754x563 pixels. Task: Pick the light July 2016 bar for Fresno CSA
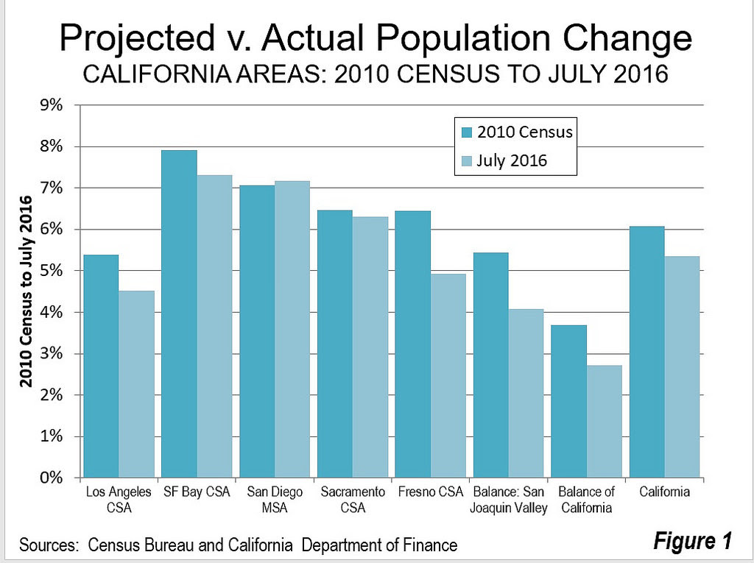tap(448, 375)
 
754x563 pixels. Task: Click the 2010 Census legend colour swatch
tap(466, 132)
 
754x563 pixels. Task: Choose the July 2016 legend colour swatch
tap(466, 160)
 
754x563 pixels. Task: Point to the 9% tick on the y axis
tap(52, 105)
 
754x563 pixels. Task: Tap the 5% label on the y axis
tap(52, 272)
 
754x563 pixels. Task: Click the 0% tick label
tap(52, 478)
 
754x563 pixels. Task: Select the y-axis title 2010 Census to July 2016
tap(27, 291)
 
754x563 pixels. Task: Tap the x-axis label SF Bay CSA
tap(197, 492)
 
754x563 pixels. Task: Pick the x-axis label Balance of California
tap(586, 500)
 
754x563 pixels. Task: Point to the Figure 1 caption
tap(691, 542)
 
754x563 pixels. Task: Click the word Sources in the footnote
tap(49, 545)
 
